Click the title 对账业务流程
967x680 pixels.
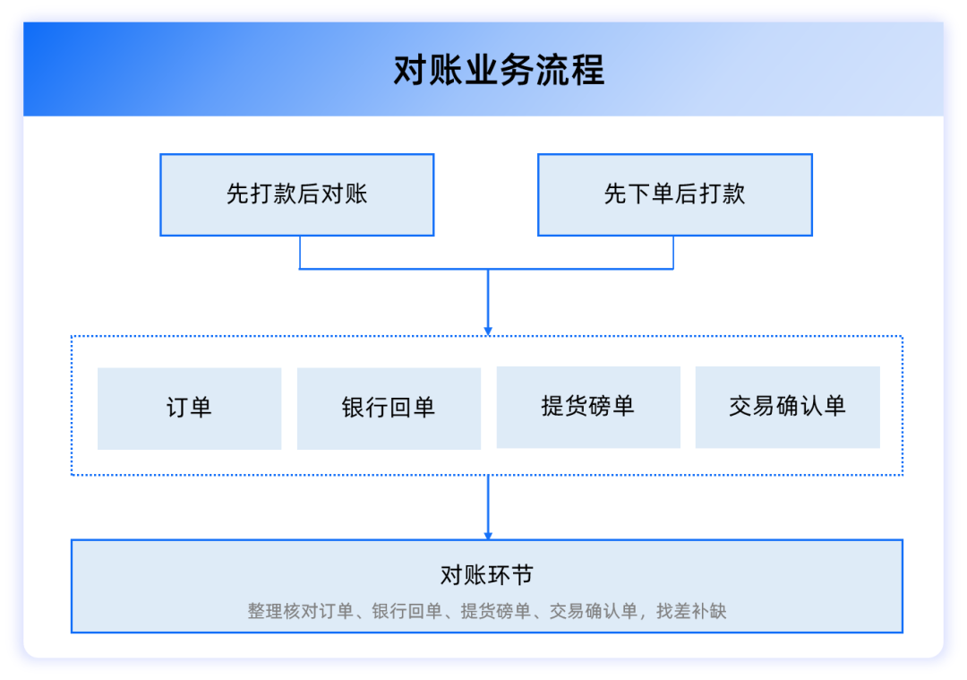coord(499,70)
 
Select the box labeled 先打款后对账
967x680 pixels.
coord(296,194)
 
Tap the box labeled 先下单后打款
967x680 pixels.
coord(674,194)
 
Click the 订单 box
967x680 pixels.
coord(189,408)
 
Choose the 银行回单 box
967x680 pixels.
coord(389,408)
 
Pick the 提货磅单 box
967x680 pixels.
coord(588,406)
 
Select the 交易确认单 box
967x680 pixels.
coord(787,406)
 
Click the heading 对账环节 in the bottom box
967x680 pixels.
coord(487,574)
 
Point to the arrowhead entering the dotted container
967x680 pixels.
coord(488,331)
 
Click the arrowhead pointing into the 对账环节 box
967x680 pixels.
coord(488,534)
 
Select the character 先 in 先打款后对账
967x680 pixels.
coord(236,194)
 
